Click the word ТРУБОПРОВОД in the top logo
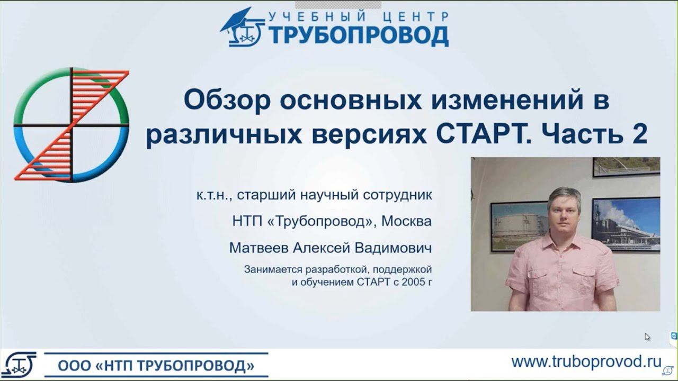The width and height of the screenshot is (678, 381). [x=358, y=35]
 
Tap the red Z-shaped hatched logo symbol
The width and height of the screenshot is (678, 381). [x=72, y=124]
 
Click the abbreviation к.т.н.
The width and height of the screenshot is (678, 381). [x=213, y=195]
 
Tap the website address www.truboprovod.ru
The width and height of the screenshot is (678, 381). [x=586, y=361]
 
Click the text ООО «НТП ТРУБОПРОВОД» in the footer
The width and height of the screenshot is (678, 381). [x=156, y=366]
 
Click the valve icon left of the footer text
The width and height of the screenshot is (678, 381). [x=19, y=363]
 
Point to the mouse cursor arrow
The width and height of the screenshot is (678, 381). [x=647, y=337]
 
